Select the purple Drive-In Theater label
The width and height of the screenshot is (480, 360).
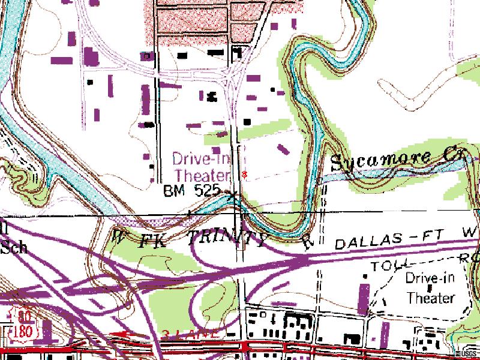tap(201, 167)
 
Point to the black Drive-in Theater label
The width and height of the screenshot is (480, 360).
tap(430, 287)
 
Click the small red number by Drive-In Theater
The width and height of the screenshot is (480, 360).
tap(243, 174)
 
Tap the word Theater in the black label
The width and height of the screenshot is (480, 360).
tap(430, 297)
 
